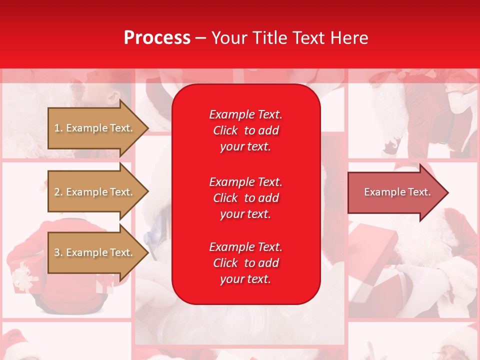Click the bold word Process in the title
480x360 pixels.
pos(157,38)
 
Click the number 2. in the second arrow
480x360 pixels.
pos(58,192)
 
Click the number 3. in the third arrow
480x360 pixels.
pos(58,252)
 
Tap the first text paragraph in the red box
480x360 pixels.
pos(245,130)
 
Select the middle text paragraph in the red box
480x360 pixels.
pos(245,198)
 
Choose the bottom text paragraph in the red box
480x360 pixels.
pos(245,263)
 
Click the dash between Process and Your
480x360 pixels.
pos(200,38)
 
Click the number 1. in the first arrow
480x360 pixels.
pos(58,128)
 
